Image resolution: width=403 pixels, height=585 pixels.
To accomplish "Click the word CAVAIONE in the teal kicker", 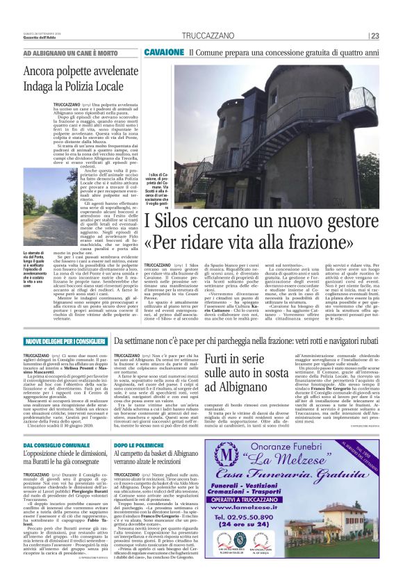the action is pyautogui.click(x=164, y=52).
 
